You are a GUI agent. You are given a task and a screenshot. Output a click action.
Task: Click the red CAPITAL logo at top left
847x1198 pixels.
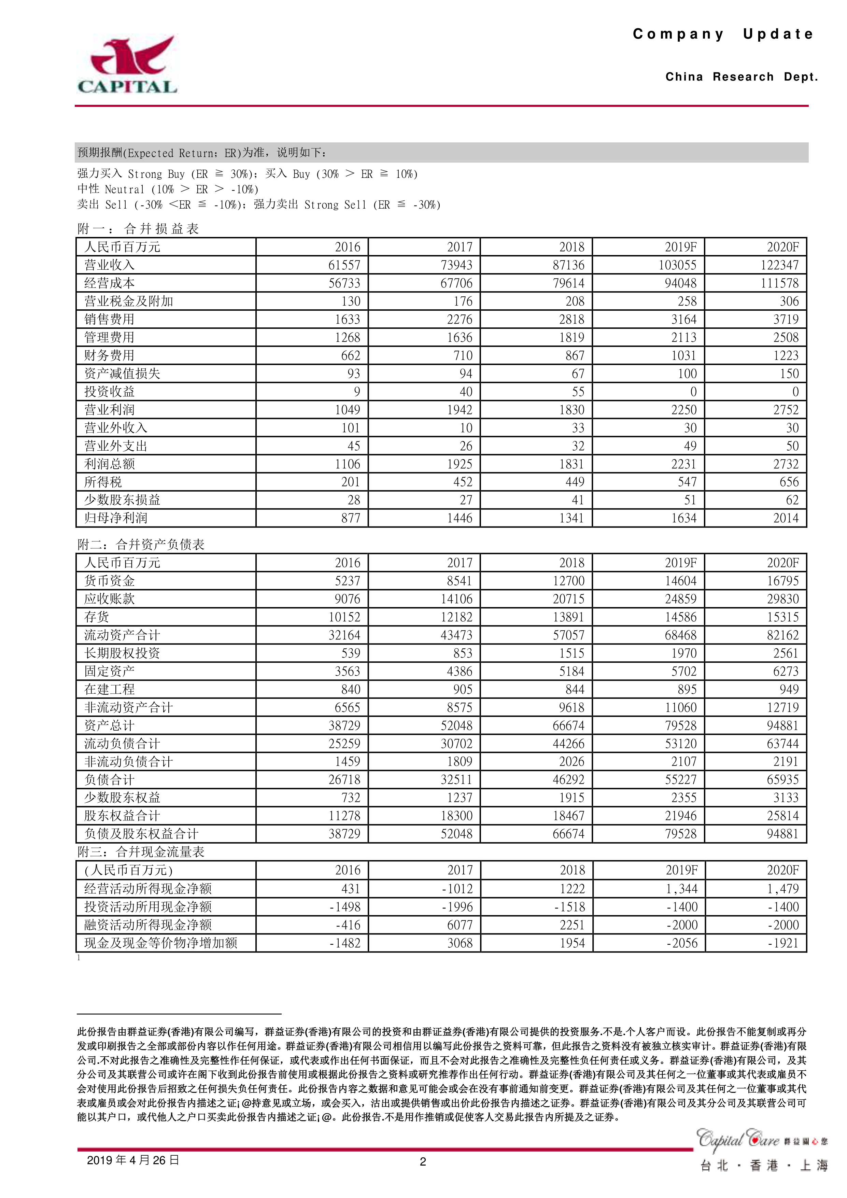click(127, 65)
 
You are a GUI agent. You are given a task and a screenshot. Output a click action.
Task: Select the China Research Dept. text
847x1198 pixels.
click(741, 77)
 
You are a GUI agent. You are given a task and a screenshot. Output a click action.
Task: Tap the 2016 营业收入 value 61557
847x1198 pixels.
click(344, 265)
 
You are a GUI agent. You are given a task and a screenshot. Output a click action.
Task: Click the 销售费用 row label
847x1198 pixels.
click(110, 319)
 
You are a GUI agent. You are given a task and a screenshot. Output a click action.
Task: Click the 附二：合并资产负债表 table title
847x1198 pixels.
click(141, 545)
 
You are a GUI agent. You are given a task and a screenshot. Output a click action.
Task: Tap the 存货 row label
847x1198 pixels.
click(97, 617)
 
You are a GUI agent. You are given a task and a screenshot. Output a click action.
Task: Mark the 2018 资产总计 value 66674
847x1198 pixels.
click(568, 726)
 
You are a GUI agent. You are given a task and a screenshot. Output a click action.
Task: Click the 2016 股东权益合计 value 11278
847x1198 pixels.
click(344, 816)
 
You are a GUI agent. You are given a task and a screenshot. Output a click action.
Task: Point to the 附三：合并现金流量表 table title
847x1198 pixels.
click(141, 852)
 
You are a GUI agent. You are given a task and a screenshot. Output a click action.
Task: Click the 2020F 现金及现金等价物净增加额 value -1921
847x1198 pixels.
click(783, 943)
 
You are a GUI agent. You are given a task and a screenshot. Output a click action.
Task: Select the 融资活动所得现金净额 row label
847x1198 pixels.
click(148, 925)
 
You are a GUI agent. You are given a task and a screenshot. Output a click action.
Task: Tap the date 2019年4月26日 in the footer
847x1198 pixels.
click(133, 1160)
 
